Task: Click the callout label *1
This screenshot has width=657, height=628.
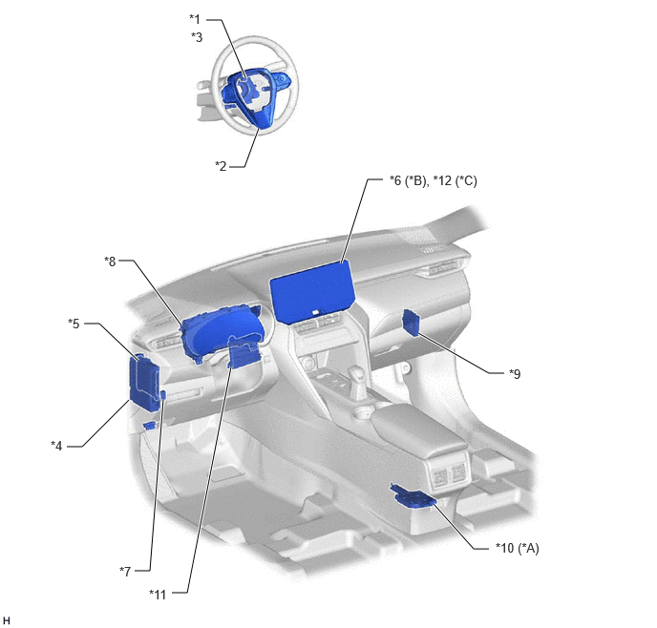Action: point(195,19)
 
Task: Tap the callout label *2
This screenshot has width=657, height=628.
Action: point(221,166)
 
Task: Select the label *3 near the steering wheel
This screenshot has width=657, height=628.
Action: point(197,37)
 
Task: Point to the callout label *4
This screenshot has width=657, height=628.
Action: point(56,446)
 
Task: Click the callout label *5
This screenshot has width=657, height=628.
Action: point(74,324)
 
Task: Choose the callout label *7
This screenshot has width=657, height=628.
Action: point(125,571)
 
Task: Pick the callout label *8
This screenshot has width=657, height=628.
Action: point(110,262)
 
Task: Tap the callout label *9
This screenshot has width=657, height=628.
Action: point(515,373)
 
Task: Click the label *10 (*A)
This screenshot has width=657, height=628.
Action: point(518,548)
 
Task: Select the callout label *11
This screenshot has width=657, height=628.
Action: point(158,595)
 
